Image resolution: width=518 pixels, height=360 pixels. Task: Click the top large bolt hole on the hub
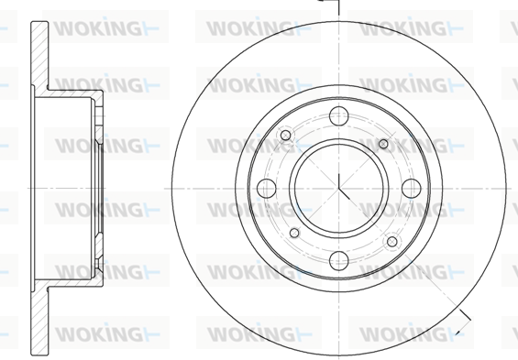click(338, 116)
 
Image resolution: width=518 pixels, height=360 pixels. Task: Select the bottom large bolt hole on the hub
click(338, 261)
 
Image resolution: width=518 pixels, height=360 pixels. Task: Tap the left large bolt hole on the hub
click(266, 189)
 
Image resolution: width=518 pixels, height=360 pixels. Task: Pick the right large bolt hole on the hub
click(412, 189)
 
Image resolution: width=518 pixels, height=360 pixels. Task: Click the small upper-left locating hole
click(286, 136)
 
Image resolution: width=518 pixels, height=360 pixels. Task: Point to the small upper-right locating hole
click(383, 144)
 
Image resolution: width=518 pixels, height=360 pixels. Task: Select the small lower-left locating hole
click(294, 234)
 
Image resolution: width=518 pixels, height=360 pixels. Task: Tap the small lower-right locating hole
click(392, 242)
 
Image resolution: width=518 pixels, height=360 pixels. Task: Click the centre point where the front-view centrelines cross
click(338, 189)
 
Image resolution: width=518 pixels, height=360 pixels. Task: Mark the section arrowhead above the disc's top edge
click(321, 1)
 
